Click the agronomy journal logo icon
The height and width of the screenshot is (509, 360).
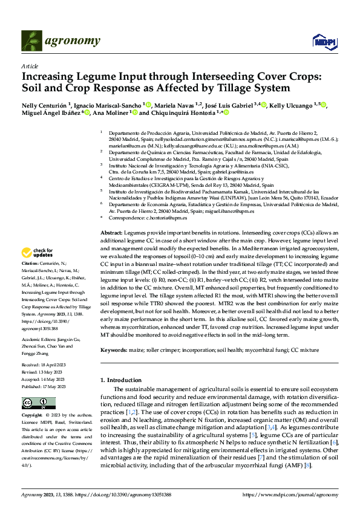pyautogui.click(x=33, y=41)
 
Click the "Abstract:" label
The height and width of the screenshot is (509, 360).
pyautogui.click(x=111, y=232)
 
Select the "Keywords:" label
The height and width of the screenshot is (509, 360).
pyautogui.click(x=114, y=350)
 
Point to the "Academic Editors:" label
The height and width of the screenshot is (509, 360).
pyautogui.click(x=42, y=339)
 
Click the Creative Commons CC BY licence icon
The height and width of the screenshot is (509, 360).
pyautogui.click(x=39, y=403)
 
